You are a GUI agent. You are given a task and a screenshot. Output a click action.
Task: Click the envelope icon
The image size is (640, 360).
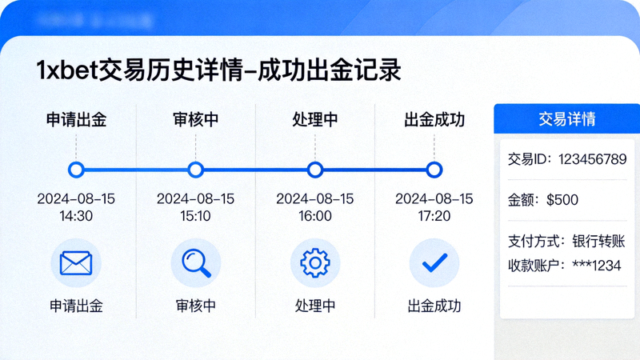click(x=76, y=262)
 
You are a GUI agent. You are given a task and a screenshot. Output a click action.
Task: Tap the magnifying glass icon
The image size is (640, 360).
click(x=195, y=262)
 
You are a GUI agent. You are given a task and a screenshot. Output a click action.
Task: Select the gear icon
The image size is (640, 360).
click(x=314, y=262)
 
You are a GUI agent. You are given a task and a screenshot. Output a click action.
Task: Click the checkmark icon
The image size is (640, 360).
click(x=434, y=262)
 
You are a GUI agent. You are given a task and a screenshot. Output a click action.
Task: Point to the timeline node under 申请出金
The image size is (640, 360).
click(x=76, y=170)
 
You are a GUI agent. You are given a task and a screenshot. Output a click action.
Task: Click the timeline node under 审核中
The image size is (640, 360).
click(x=195, y=170)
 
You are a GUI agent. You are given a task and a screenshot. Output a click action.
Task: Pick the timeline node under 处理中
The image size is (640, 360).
click(x=314, y=170)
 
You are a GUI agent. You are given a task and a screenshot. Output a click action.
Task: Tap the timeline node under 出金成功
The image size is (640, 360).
click(x=434, y=170)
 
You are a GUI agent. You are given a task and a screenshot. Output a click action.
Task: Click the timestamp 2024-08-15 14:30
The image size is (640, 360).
click(x=76, y=207)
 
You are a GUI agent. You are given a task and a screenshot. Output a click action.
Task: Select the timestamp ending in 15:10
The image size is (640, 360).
click(x=195, y=207)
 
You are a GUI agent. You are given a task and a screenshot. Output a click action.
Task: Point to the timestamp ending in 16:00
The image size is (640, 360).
click(x=314, y=207)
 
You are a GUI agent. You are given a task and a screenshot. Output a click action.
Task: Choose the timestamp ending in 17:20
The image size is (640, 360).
click(x=434, y=207)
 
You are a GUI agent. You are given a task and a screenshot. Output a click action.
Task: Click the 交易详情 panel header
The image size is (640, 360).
click(x=566, y=119)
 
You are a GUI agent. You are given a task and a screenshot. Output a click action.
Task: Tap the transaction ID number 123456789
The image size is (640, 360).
click(x=592, y=159)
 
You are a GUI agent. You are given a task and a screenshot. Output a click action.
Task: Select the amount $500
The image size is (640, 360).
click(x=562, y=200)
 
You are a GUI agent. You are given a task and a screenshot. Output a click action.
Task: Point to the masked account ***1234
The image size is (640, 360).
click(x=597, y=266)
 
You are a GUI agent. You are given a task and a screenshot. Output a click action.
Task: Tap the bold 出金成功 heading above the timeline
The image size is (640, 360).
click(x=434, y=120)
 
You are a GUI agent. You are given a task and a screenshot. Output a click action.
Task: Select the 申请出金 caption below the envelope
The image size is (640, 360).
click(x=76, y=306)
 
